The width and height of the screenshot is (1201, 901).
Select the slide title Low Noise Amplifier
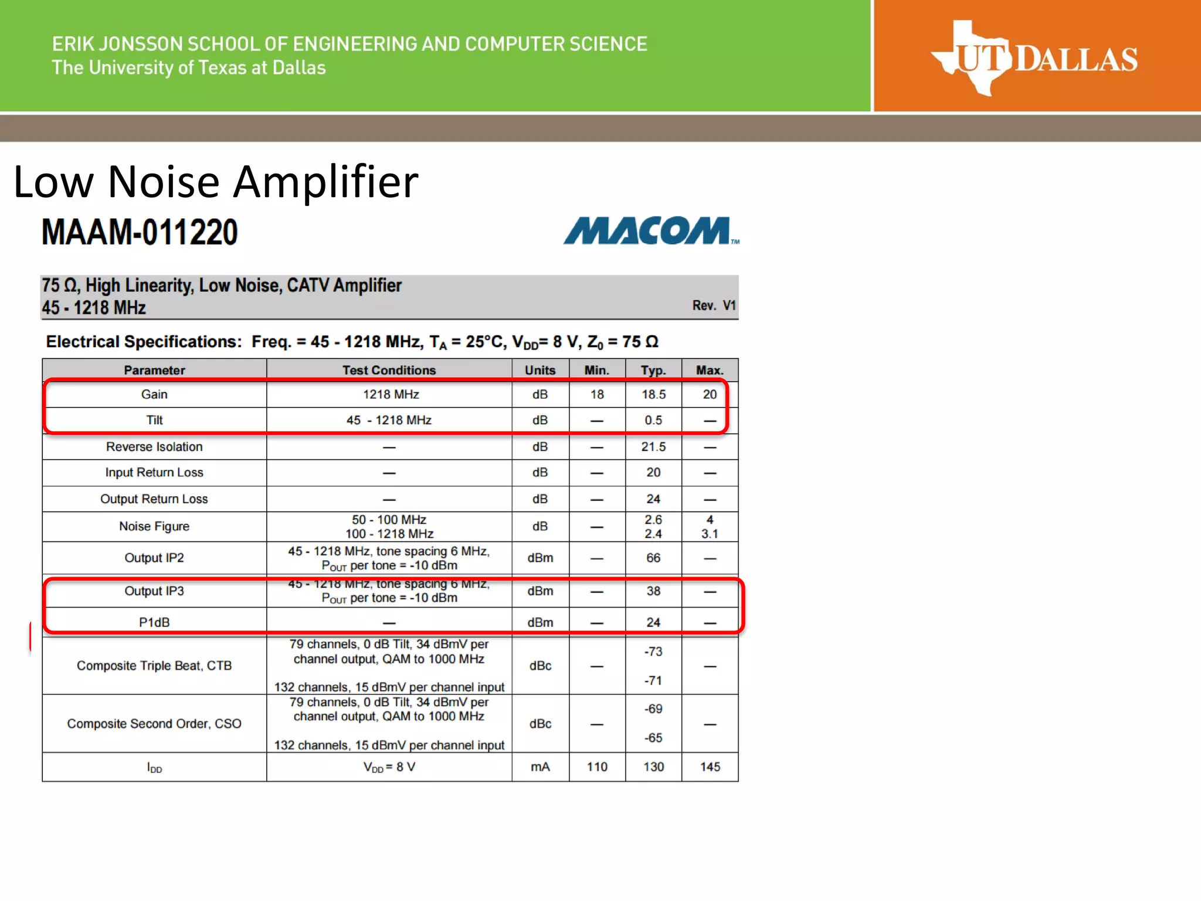coord(216,182)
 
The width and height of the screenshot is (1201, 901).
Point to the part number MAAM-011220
coord(140,232)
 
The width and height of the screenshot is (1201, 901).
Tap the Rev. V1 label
coord(713,306)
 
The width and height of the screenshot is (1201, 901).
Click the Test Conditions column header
coord(389,370)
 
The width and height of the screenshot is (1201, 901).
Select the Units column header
coord(540,370)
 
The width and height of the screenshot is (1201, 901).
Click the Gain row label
coord(154,394)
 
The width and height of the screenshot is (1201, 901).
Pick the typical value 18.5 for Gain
coord(653,394)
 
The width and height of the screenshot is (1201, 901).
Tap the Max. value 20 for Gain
coord(710,394)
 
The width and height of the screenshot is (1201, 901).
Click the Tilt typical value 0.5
coord(653,420)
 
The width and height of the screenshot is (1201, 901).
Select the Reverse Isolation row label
coord(154,446)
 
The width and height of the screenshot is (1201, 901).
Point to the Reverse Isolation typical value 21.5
coord(653,446)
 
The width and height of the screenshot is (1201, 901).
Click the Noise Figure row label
coord(154,526)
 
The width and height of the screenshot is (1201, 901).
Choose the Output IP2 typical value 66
coord(653,558)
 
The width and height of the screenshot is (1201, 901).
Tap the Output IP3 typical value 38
coord(653,591)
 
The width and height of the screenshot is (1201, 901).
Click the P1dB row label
coord(154,622)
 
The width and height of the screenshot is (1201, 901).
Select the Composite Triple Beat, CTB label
coord(154,666)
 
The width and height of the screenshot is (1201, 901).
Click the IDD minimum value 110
coord(597,767)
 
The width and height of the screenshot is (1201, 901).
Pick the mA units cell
coord(540,767)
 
